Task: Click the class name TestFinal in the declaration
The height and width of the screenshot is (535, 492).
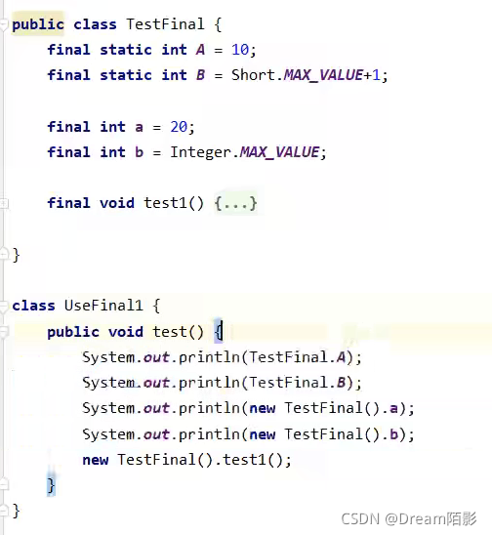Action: tap(166, 24)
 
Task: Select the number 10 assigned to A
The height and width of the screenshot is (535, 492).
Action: tap(240, 50)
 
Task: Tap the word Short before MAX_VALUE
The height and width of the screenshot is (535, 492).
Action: tap(253, 75)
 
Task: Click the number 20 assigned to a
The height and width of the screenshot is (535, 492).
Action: tap(179, 127)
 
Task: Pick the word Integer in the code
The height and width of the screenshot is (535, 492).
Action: tap(201, 152)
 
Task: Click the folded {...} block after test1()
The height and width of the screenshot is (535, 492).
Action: tap(236, 203)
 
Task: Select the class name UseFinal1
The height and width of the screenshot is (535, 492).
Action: tap(103, 306)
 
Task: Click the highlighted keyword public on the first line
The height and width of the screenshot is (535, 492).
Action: tap(38, 25)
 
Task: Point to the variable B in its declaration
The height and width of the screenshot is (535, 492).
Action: tap(201, 75)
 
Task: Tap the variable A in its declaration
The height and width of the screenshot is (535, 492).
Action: tap(201, 50)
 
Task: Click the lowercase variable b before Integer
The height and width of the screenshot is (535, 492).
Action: tap(139, 152)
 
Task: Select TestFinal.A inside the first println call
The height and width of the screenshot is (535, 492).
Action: tap(297, 357)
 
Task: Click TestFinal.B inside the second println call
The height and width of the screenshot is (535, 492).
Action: tap(297, 383)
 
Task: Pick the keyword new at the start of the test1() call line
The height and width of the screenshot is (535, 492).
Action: tap(96, 460)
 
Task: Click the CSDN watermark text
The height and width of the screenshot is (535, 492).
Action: tap(409, 519)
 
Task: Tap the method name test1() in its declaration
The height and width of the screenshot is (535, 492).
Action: tap(174, 203)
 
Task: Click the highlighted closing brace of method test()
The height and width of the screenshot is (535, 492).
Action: tap(51, 485)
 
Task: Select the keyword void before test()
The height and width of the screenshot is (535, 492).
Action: tap(126, 332)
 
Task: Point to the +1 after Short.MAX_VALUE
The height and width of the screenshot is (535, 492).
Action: tap(372, 75)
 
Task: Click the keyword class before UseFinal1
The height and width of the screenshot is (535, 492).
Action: tap(33, 306)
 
